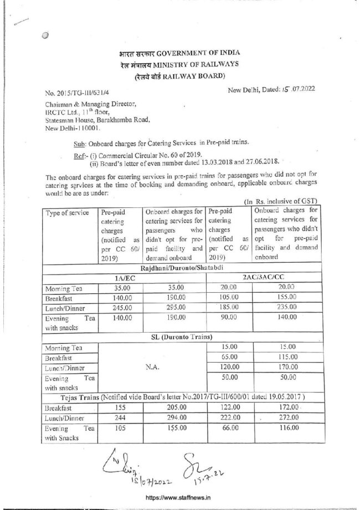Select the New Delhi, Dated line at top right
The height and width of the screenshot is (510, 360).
click(272, 89)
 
